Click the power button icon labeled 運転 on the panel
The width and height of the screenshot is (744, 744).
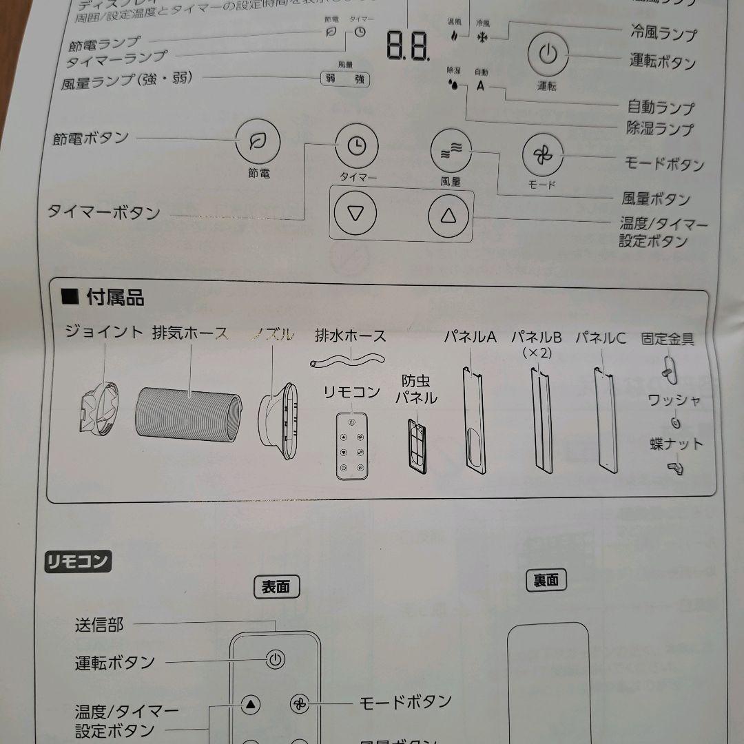pyautogui.click(x=547, y=54)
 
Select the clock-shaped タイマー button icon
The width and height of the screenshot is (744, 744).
pyautogui.click(x=356, y=146)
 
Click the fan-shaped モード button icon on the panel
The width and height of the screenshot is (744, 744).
pyautogui.click(x=542, y=154)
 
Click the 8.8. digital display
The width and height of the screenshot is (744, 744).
pyautogui.click(x=408, y=47)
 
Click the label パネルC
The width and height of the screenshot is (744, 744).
pyautogui.click(x=601, y=338)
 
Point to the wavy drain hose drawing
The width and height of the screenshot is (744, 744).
pyautogui.click(x=349, y=359)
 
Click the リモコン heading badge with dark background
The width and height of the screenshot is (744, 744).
pyautogui.click(x=77, y=561)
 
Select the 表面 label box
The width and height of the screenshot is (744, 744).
pyautogui.click(x=276, y=586)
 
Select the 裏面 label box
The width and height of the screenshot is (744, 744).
pyautogui.click(x=546, y=580)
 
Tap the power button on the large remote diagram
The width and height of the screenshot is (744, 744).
pyautogui.click(x=276, y=660)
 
